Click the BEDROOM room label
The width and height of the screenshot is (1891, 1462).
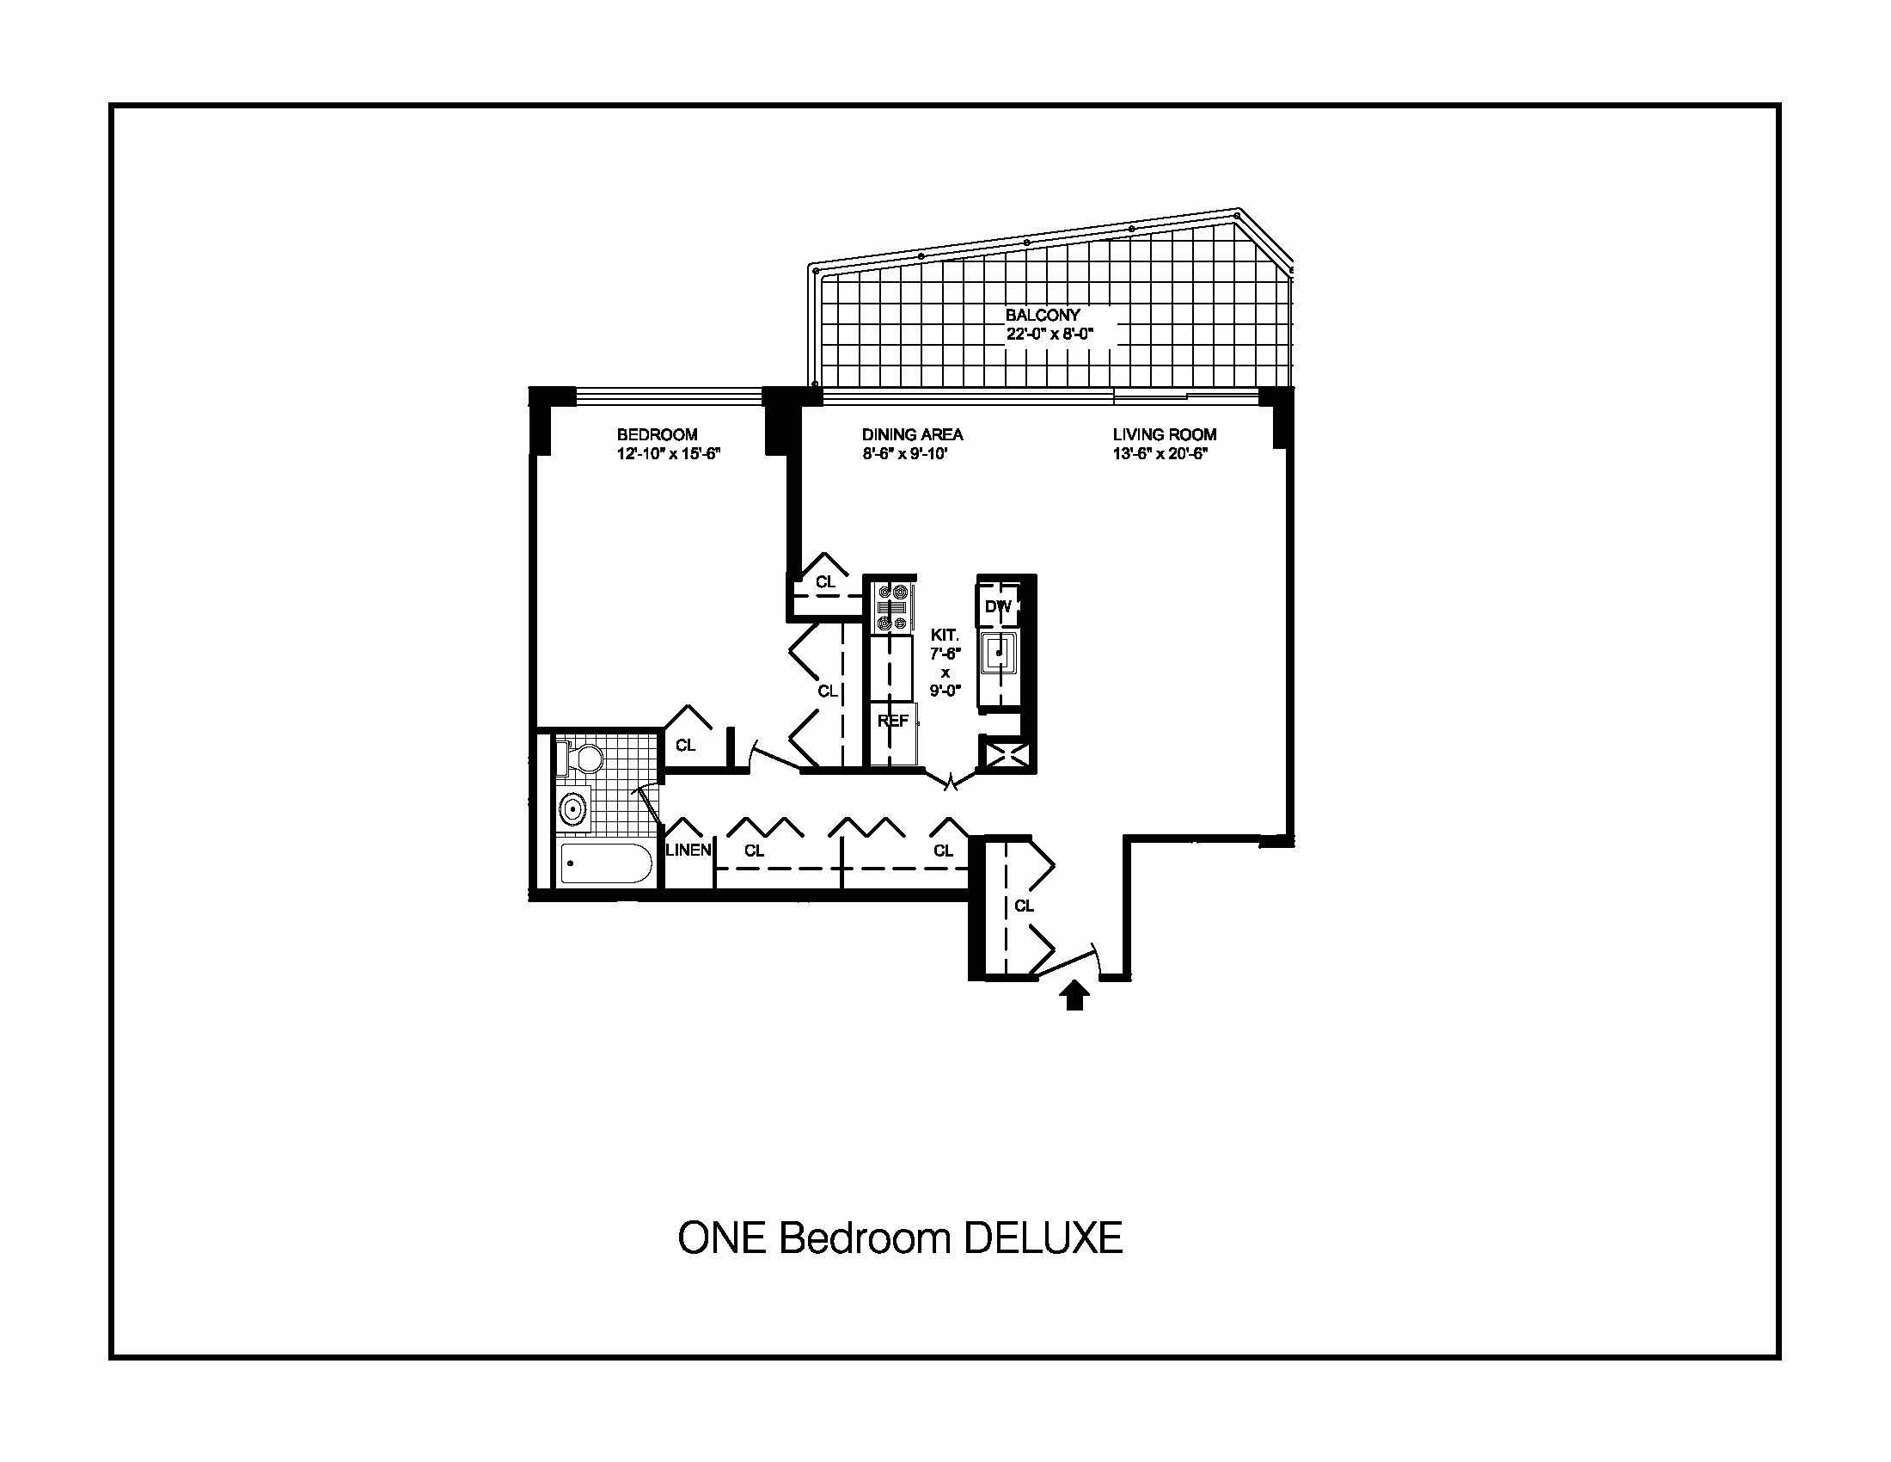click(658, 435)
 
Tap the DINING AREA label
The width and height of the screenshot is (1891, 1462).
click(913, 435)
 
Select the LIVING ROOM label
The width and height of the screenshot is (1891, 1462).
click(1165, 435)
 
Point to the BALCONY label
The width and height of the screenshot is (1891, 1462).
click(1043, 316)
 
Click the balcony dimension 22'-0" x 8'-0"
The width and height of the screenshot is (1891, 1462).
click(1050, 334)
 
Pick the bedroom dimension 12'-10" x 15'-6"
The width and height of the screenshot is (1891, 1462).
click(669, 453)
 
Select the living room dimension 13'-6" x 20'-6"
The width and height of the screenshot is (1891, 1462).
click(1160, 453)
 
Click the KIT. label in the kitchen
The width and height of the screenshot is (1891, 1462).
click(945, 635)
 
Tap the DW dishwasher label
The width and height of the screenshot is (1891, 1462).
click(998, 607)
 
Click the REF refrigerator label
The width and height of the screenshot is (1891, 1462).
click(893, 721)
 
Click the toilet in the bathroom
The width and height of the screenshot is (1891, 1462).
click(582, 759)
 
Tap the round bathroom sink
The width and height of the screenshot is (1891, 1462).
click(572, 810)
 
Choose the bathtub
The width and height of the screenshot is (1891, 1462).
click(605, 863)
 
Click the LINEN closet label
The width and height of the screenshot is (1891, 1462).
click(688, 850)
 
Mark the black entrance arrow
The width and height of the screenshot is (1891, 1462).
click(1074, 994)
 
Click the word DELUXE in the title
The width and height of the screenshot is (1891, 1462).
click(1043, 1238)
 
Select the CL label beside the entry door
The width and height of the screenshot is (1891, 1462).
click(1025, 906)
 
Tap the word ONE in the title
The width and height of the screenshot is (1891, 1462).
click(722, 1238)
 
